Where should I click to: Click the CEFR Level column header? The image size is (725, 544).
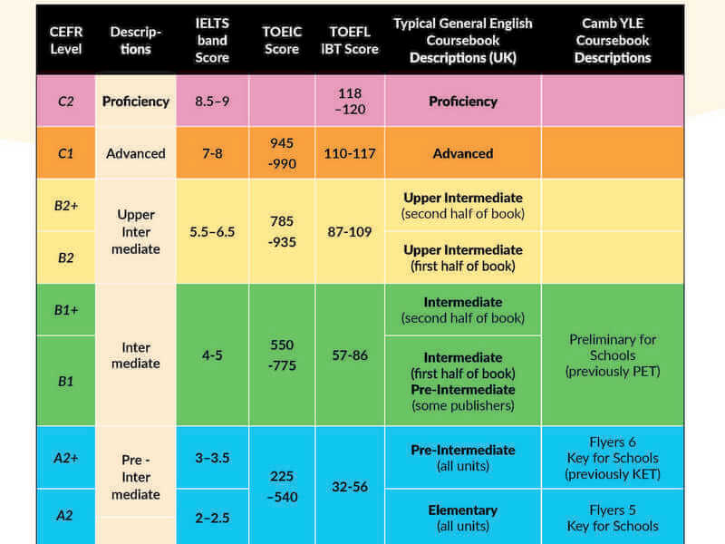point(65,40)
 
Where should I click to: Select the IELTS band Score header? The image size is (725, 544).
point(212,40)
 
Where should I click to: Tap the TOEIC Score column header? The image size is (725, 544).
point(282,40)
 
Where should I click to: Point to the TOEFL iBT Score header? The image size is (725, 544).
point(350,40)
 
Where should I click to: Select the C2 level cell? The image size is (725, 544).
point(65,101)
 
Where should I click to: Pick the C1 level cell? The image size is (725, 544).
point(65,153)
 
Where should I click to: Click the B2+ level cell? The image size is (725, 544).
point(65,205)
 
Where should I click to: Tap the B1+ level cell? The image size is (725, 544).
point(65,310)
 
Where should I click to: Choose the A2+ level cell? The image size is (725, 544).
point(65,457)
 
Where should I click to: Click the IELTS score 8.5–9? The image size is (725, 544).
point(212,101)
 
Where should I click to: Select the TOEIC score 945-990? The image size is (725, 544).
point(282,152)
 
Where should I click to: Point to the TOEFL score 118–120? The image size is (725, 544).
point(350,101)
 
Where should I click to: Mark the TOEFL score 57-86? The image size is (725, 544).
point(350,355)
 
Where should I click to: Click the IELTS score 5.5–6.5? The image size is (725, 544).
point(212,231)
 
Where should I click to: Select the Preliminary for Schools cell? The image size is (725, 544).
point(613,355)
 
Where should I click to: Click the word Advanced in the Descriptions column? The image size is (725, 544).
point(136,153)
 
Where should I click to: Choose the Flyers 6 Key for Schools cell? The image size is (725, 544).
point(613,458)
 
